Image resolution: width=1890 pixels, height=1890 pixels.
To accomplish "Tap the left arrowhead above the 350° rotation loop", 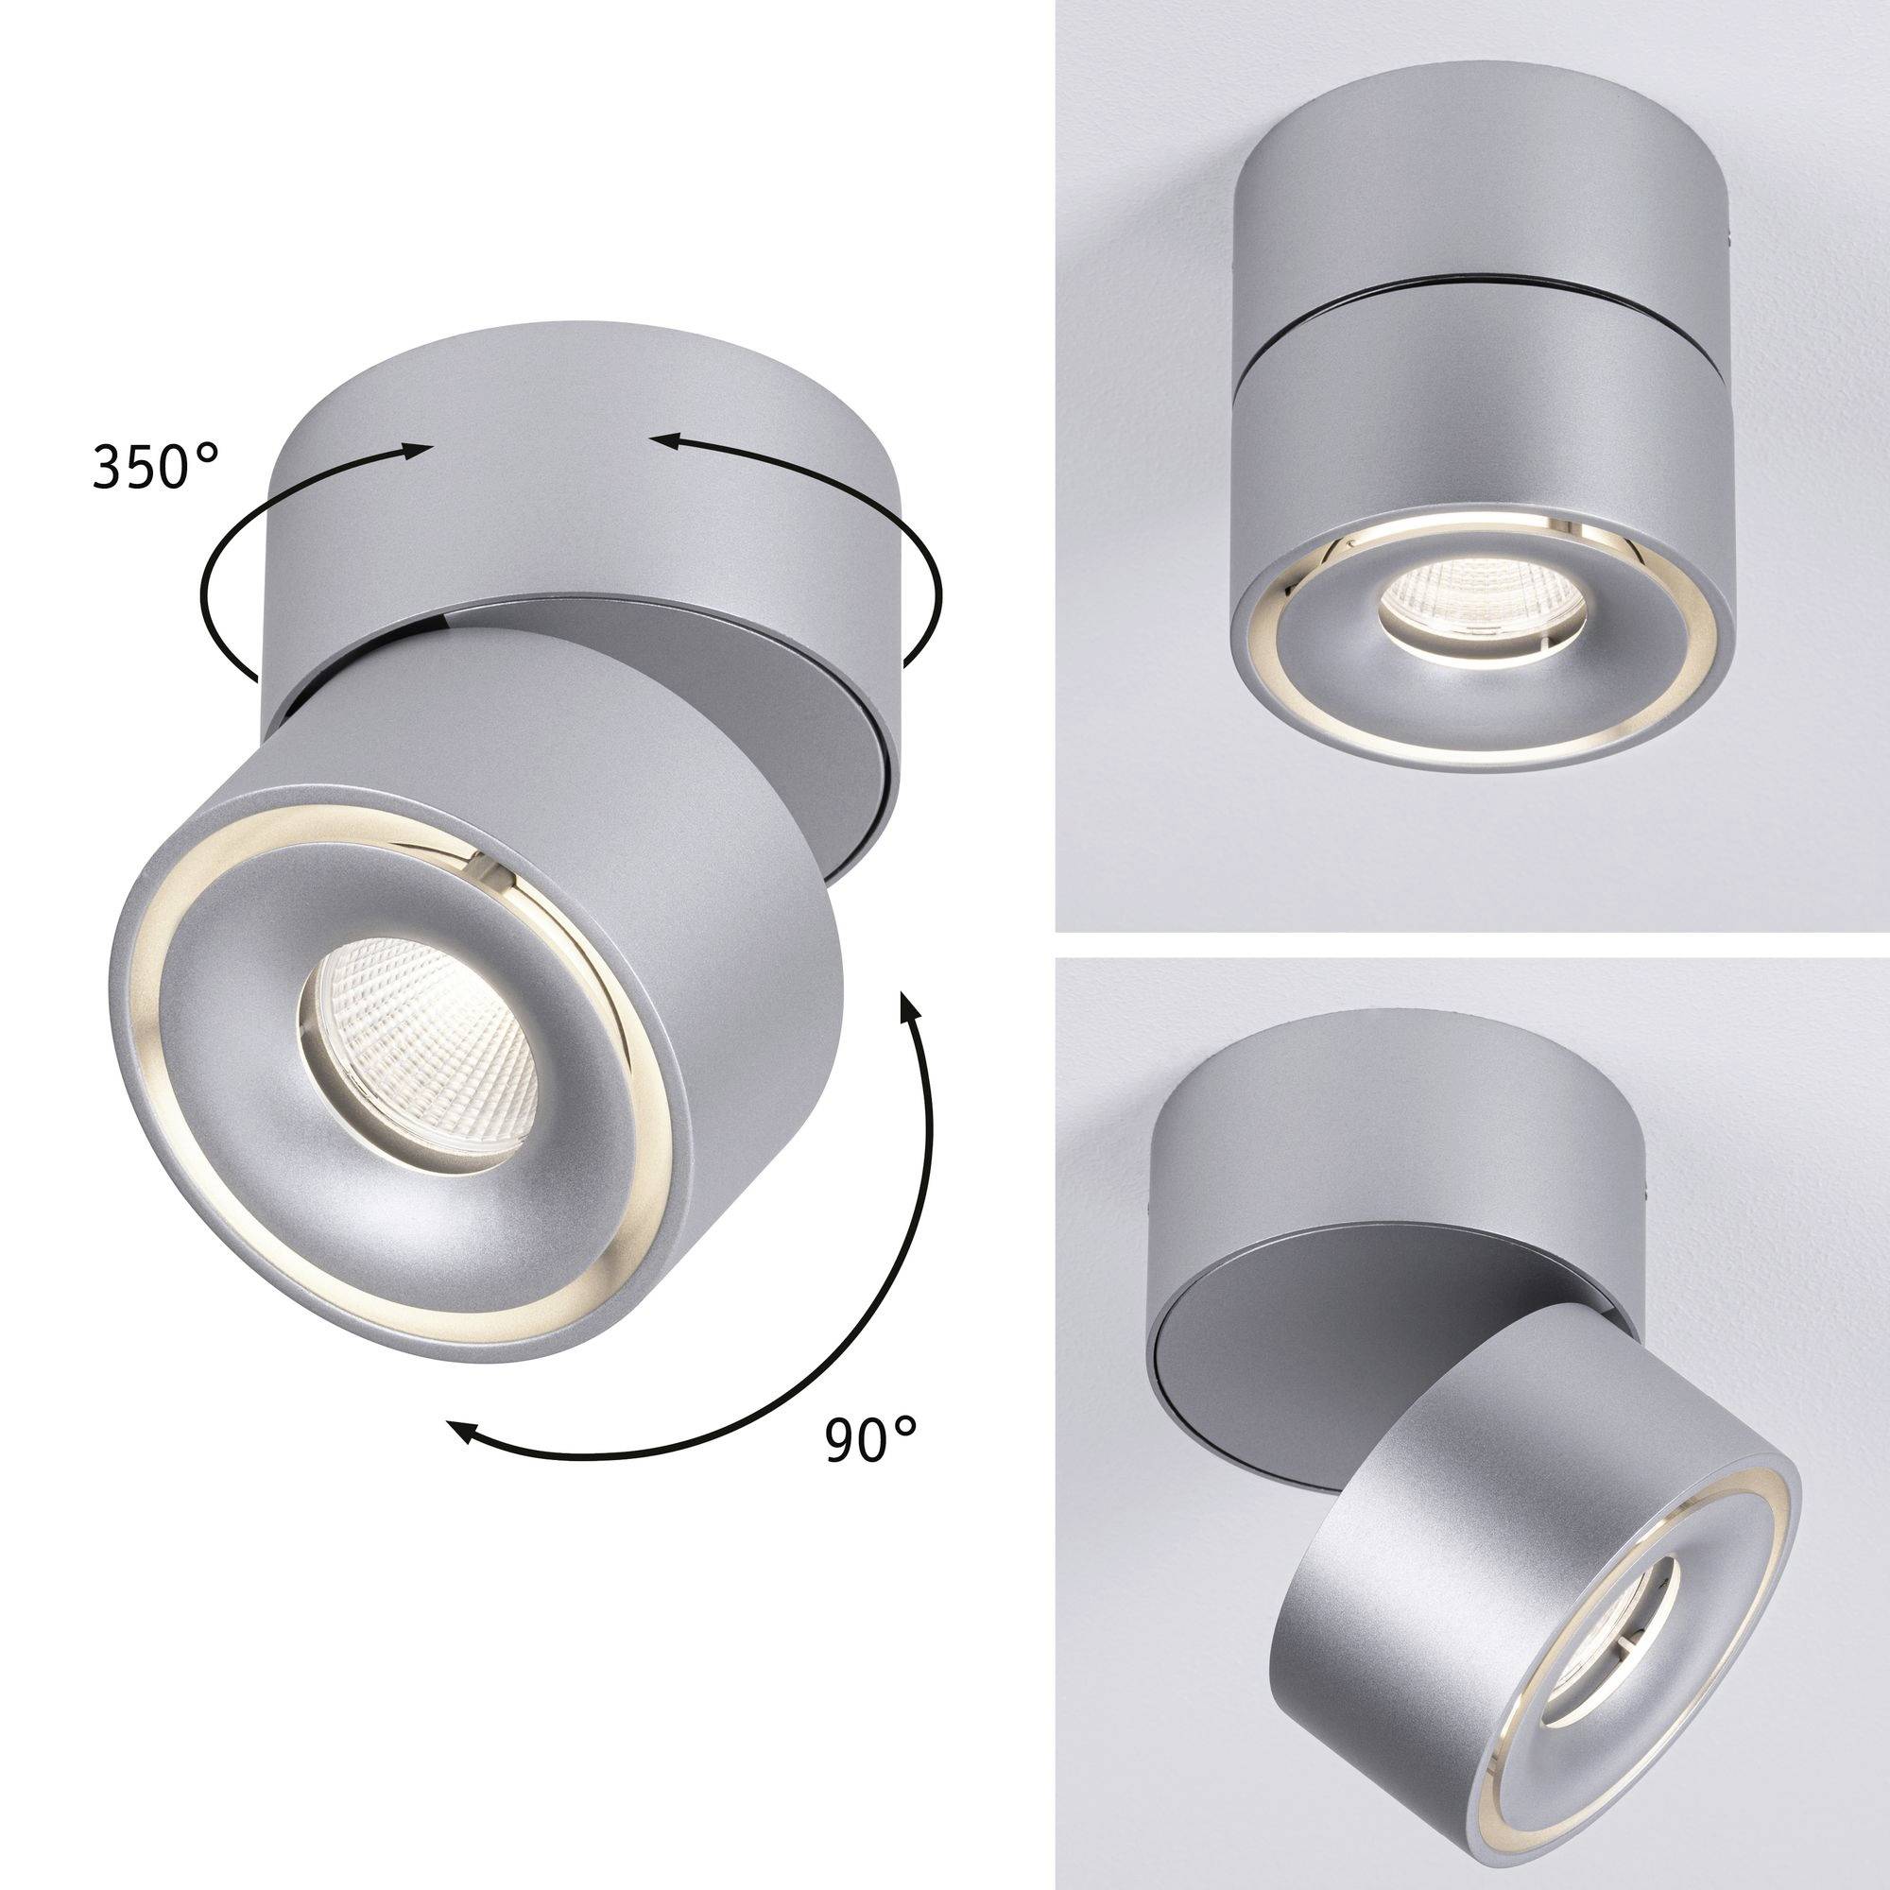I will [417, 450].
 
